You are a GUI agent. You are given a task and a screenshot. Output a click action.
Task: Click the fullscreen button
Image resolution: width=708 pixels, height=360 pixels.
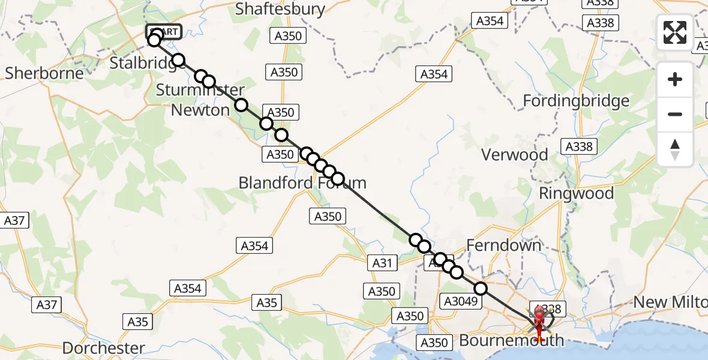point(675,32)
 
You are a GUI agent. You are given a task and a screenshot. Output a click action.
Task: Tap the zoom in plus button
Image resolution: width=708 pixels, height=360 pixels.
point(675,79)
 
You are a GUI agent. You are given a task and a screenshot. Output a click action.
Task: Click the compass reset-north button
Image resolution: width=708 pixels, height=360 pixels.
point(675,149)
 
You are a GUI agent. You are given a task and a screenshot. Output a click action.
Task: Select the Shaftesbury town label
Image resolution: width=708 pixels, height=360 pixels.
point(280,9)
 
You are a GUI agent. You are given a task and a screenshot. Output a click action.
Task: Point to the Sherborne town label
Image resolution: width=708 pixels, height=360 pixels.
point(44,73)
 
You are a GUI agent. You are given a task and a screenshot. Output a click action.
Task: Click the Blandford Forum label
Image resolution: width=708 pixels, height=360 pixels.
point(302,182)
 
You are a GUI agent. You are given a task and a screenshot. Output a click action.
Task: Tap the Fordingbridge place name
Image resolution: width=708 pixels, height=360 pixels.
point(576,100)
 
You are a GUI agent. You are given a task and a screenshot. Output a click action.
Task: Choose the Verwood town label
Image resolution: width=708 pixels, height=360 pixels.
point(515,155)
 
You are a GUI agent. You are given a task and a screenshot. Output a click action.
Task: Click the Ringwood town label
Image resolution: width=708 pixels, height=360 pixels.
point(576,193)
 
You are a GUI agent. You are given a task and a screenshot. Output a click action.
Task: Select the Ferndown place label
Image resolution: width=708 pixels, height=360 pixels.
point(504,245)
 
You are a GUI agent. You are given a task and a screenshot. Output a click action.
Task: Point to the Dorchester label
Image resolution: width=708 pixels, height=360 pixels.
point(104,348)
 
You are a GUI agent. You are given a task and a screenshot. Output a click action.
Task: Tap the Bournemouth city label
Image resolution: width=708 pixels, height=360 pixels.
point(511,341)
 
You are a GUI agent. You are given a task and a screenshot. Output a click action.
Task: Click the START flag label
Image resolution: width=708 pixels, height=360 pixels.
point(164,32)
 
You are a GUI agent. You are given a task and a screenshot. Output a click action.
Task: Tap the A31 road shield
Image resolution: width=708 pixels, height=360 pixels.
point(382,262)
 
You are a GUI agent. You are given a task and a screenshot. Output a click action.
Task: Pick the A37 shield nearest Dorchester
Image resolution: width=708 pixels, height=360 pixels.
point(46,305)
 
